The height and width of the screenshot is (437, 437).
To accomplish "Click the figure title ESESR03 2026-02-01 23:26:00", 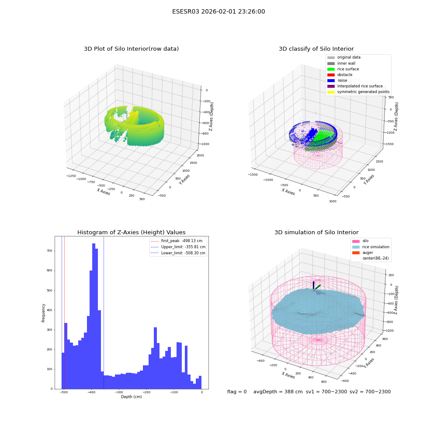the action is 218,11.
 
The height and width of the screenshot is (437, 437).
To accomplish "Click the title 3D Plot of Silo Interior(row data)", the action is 131,49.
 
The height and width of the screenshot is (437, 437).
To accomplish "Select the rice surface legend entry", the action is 343,69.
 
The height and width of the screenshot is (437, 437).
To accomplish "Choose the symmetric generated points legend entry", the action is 358,92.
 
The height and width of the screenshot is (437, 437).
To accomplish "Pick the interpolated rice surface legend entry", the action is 355,86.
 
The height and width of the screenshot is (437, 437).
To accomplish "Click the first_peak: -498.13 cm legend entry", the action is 177,241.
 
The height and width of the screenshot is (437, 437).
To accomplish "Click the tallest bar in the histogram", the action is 94,316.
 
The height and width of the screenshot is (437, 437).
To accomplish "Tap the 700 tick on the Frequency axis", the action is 49,251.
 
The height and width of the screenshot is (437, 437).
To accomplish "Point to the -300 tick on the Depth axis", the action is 119,392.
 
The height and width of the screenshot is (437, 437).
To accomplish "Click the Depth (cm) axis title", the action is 132,397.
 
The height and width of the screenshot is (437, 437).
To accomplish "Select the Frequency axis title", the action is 43,313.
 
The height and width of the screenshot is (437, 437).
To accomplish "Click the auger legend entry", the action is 363,253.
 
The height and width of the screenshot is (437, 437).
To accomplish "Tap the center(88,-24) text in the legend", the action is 375,258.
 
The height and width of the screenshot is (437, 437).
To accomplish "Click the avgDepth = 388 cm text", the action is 278,392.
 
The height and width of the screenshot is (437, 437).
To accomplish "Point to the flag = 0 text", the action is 237,392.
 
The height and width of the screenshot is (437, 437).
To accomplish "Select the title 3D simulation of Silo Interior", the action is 316,232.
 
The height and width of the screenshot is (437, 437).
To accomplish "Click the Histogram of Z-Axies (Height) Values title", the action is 131,232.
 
